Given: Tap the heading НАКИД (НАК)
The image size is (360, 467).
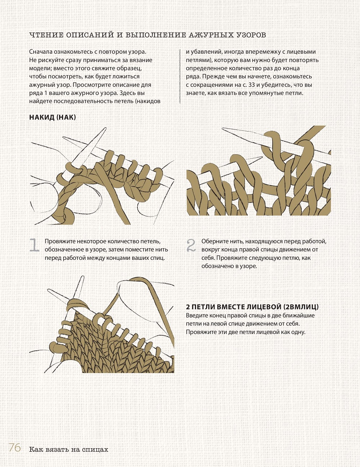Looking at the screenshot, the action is point(53,117).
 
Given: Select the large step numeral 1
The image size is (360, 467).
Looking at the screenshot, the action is point(34,245).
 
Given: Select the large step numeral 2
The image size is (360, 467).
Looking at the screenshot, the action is point(191,245).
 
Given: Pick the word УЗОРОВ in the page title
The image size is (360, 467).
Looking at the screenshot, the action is point(251,35).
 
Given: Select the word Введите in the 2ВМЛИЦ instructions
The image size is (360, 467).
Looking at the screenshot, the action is point(196,316).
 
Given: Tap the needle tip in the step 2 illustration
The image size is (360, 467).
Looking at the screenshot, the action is point(223,129).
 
